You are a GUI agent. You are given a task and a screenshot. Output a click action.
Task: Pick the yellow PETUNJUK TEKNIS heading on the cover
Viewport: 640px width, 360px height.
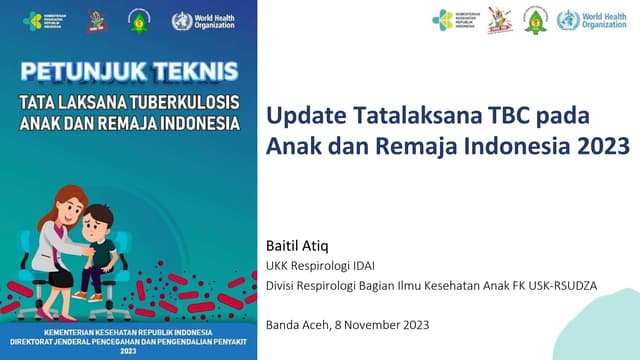tap(130, 72)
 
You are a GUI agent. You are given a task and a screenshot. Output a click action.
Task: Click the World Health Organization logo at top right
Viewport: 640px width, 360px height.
tap(594, 20)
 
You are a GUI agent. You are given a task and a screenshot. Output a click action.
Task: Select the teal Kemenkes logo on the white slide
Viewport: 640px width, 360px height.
tap(456, 20)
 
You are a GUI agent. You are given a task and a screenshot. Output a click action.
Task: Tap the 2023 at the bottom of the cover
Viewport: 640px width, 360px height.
tap(129, 351)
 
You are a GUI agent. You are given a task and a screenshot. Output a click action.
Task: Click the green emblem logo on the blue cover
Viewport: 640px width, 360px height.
tap(138, 20)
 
